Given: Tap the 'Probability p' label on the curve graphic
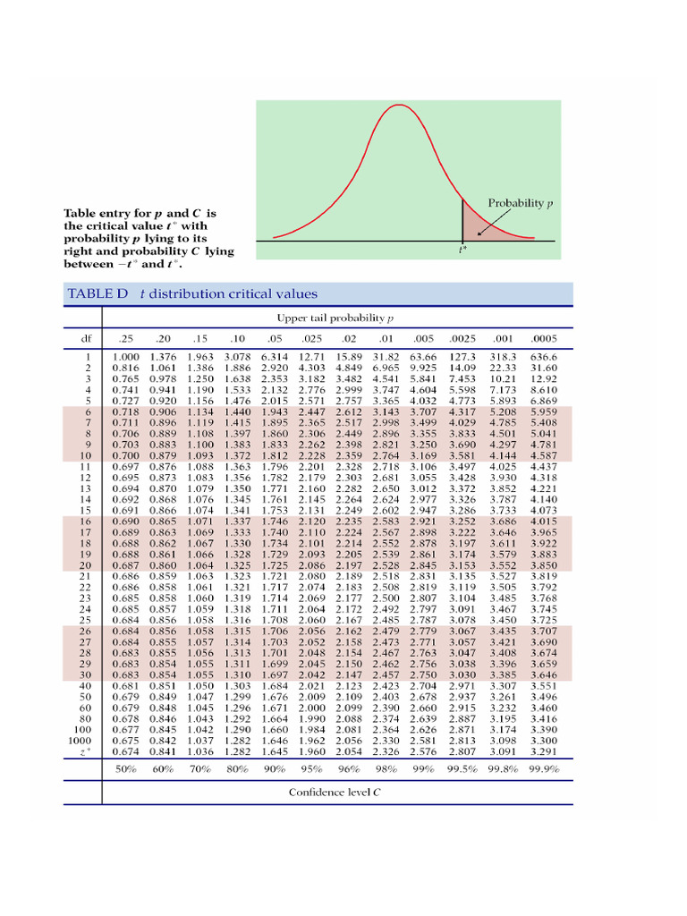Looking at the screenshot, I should [x=520, y=203].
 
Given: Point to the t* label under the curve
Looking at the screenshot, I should [x=462, y=250].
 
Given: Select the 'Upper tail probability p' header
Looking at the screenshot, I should [x=335, y=318].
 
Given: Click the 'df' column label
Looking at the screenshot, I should [x=87, y=339].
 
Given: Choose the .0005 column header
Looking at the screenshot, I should [x=543, y=339].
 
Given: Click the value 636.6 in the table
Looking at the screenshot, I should [x=543, y=356].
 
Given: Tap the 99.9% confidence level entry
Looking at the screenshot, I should [x=543, y=768].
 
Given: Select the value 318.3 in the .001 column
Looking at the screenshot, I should [x=504, y=356].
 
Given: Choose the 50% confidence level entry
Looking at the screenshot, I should [x=126, y=768].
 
